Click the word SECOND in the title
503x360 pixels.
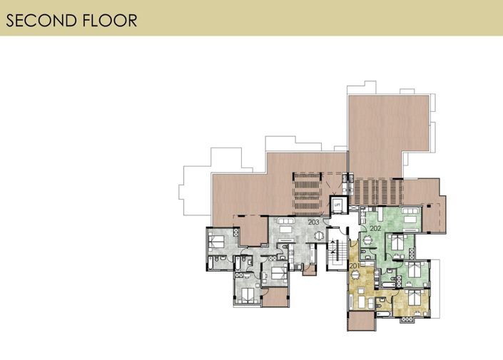tap(40, 19)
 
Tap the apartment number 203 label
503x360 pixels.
tap(313, 222)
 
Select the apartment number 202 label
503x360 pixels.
tap(375, 228)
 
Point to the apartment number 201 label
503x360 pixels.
tap(355, 265)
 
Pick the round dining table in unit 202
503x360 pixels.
tap(367, 240)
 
